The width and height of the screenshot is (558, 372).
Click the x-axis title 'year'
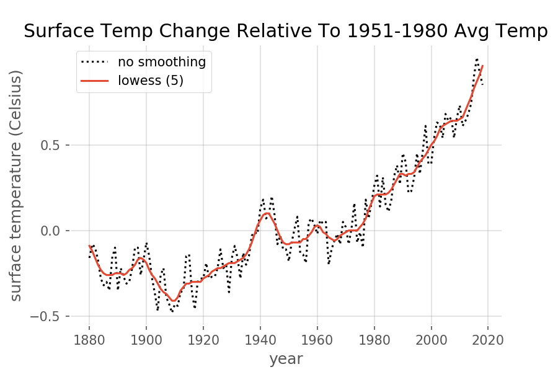click(x=286, y=358)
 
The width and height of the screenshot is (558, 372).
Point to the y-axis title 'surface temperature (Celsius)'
click(x=16, y=185)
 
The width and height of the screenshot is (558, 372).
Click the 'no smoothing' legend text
click(x=162, y=62)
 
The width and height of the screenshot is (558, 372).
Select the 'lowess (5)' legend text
click(x=151, y=80)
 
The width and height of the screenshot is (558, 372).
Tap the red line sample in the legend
click(x=95, y=81)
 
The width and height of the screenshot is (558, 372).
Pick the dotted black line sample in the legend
click(x=95, y=62)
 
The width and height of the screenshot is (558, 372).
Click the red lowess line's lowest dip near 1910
click(x=174, y=301)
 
